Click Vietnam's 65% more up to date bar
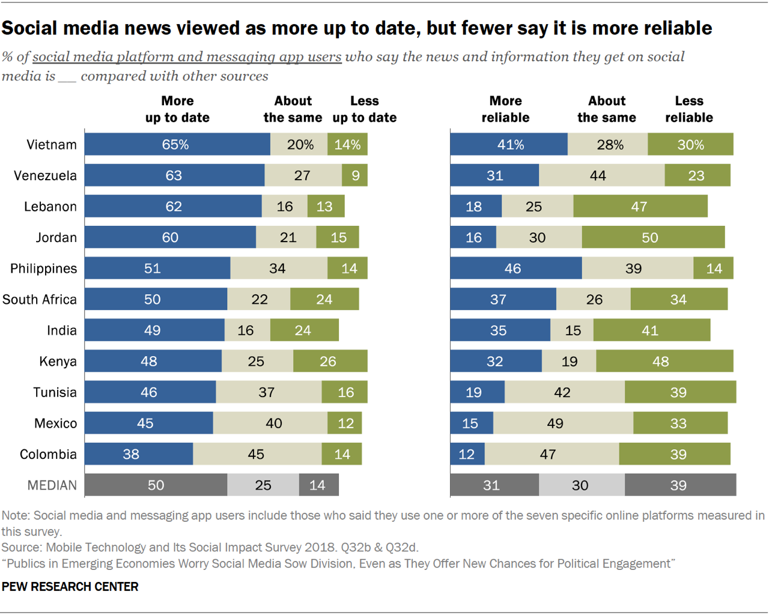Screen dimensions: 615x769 pyautogui.click(x=177, y=145)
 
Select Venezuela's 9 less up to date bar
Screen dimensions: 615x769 pyautogui.click(x=355, y=175)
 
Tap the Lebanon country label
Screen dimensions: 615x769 pyautogui.click(x=50, y=207)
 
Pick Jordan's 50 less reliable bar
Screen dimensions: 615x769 pyautogui.click(x=653, y=237)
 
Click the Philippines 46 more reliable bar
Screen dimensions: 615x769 pyautogui.click(x=515, y=268)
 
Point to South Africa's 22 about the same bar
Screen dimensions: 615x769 pyautogui.click(x=259, y=299)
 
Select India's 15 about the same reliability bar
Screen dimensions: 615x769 pyautogui.click(x=572, y=330)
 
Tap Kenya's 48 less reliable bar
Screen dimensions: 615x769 pyautogui.click(x=664, y=361)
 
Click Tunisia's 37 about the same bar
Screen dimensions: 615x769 pyautogui.click(x=269, y=392)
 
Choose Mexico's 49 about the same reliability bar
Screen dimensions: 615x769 pyautogui.click(x=563, y=423)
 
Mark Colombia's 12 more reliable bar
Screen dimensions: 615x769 pyautogui.click(x=467, y=454)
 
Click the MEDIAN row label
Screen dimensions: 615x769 pyautogui.click(x=52, y=485)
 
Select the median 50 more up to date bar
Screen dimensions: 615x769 pyautogui.click(x=156, y=485)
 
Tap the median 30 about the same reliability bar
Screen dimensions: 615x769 pyautogui.click(x=582, y=485)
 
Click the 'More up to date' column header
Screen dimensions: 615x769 pyautogui.click(x=177, y=109)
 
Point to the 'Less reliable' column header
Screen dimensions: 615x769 pyautogui.click(x=688, y=109)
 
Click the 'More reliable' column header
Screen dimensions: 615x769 pyautogui.click(x=505, y=109)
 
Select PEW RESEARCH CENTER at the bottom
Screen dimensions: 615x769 pyautogui.click(x=70, y=587)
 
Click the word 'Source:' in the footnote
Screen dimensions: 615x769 pyautogui.click(x=22, y=547)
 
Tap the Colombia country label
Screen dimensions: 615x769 pyautogui.click(x=48, y=454)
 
